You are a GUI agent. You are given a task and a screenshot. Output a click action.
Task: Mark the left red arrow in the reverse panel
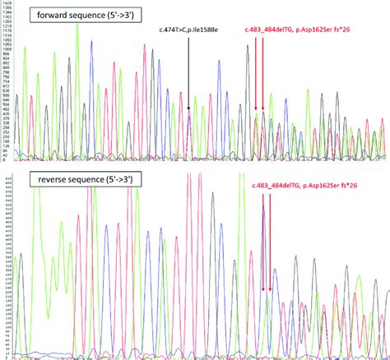click(x=263, y=247)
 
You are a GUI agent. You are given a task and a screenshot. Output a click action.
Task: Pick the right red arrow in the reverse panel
click(x=271, y=247)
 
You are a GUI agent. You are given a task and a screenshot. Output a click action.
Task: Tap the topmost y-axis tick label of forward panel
click(x=8, y=5)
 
